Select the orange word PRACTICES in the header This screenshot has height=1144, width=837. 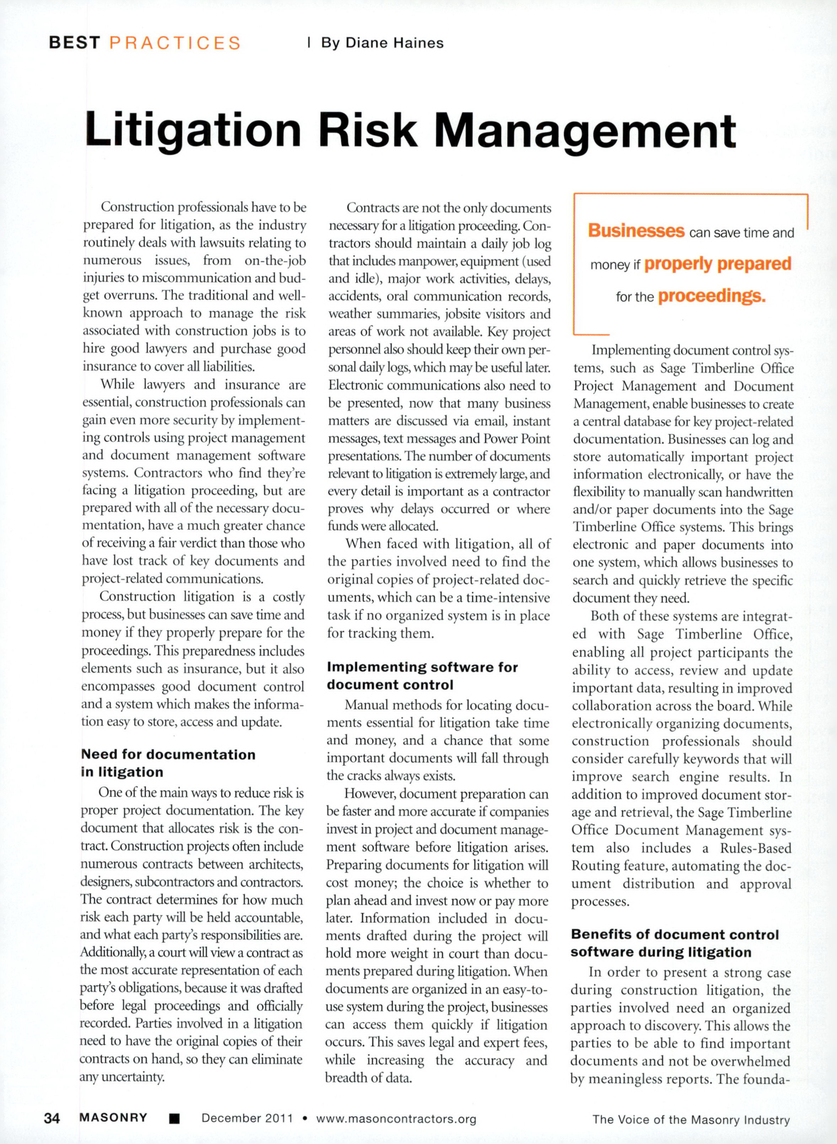175,43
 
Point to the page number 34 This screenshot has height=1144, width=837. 52,1118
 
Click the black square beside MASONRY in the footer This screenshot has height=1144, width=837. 174,1119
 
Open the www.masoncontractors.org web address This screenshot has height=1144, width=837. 396,1119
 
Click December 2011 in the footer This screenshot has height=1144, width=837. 247,1118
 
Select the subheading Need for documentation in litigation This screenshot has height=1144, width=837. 168,763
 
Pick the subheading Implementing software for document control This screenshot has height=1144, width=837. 422,676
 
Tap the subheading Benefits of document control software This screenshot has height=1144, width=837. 675,943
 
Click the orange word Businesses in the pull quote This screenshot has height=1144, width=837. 636,230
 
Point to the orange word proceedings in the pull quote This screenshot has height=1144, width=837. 711,296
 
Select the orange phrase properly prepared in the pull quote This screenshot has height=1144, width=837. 717,264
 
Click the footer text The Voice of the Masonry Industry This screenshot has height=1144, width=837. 691,1120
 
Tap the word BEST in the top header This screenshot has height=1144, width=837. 75,43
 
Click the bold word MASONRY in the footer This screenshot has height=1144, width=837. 113,1118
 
